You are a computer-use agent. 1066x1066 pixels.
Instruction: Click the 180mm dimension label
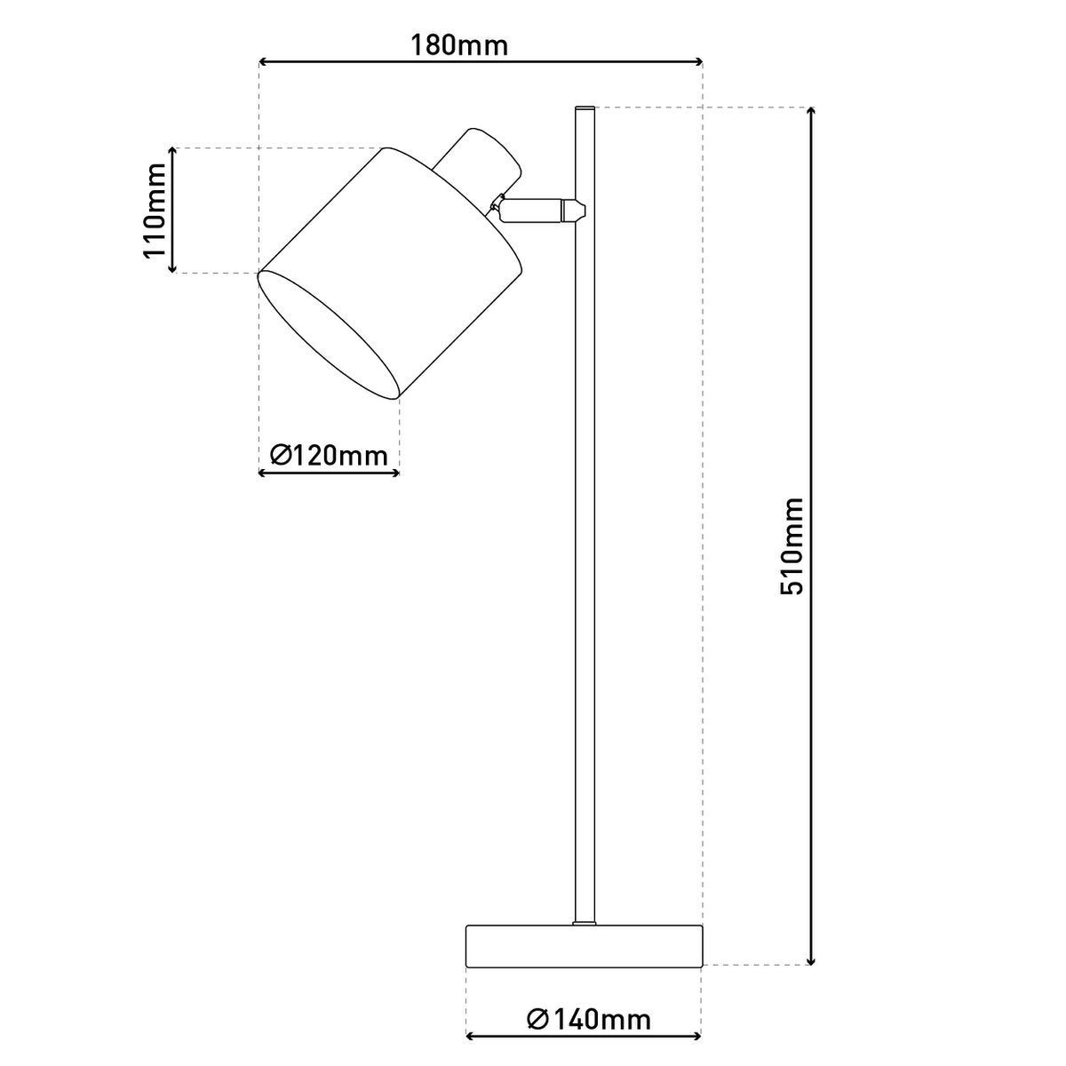(x=459, y=44)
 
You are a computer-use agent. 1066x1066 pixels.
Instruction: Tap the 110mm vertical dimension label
(x=156, y=210)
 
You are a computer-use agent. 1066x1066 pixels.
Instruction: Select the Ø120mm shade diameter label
(x=329, y=456)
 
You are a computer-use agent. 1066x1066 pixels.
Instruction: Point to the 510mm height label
(x=791, y=545)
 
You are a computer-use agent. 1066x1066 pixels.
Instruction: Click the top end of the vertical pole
(x=584, y=110)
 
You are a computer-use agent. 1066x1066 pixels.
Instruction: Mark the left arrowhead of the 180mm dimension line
(x=262, y=62)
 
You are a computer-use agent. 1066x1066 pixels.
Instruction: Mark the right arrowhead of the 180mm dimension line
(x=698, y=62)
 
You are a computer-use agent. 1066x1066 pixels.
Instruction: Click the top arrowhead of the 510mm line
(x=810, y=111)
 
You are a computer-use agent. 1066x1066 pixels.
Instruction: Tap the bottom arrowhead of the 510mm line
(x=810, y=959)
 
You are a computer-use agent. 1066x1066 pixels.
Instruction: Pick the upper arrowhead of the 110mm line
(x=174, y=152)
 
